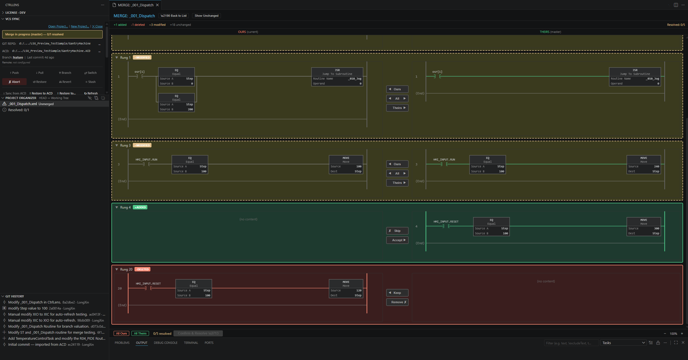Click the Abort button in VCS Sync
[x=14, y=82]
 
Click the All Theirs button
[x=140, y=333]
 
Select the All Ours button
[x=121, y=333]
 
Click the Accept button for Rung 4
[x=397, y=240]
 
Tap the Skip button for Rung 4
[x=397, y=231]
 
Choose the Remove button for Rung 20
[x=397, y=302]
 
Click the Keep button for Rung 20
[x=397, y=293]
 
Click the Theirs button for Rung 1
[x=397, y=108]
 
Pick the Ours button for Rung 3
[x=397, y=164]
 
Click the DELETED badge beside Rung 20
[x=142, y=269]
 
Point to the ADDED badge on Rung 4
[x=140, y=207]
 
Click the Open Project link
[x=58, y=26]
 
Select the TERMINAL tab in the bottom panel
[x=191, y=343]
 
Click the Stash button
[x=91, y=82]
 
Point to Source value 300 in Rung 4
[x=656, y=228]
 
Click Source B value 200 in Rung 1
[x=190, y=109]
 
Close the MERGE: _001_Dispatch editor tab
[x=157, y=5]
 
